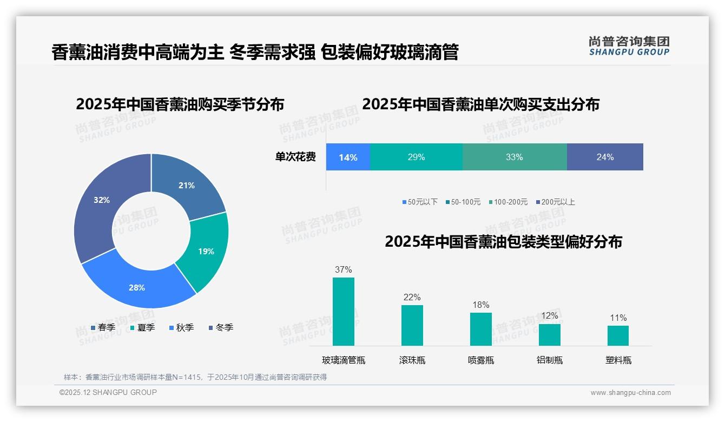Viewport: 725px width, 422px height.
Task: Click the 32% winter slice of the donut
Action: click(100, 206)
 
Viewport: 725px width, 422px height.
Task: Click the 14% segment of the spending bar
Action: click(348, 157)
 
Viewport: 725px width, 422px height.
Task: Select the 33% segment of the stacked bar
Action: click(514, 157)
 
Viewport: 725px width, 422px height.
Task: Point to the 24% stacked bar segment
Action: click(605, 157)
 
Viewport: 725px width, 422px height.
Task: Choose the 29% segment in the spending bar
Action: click(416, 157)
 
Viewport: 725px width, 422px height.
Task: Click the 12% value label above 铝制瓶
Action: click(549, 316)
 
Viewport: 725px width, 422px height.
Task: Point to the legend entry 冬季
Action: click(221, 328)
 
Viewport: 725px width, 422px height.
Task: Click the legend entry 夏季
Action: click(142, 328)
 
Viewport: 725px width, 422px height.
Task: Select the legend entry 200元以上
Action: click(555, 202)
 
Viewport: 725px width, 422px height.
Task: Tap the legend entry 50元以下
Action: click(420, 202)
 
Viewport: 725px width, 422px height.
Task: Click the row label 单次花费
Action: click(295, 157)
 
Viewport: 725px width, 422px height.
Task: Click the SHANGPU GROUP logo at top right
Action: click(629, 46)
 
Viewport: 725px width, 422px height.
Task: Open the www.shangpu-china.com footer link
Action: click(630, 393)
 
